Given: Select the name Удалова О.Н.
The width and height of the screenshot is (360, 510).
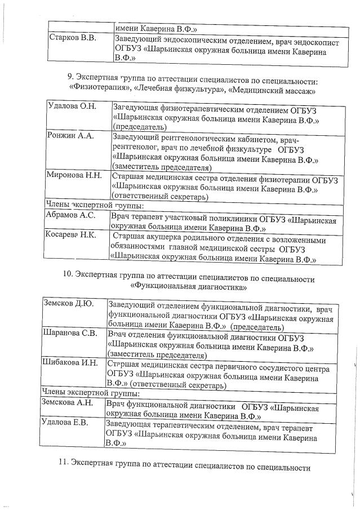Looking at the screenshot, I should tap(72, 107).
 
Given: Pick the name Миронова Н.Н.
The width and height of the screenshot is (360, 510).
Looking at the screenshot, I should tap(74, 175).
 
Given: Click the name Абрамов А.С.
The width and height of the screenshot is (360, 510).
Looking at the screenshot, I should tap(71, 215).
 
